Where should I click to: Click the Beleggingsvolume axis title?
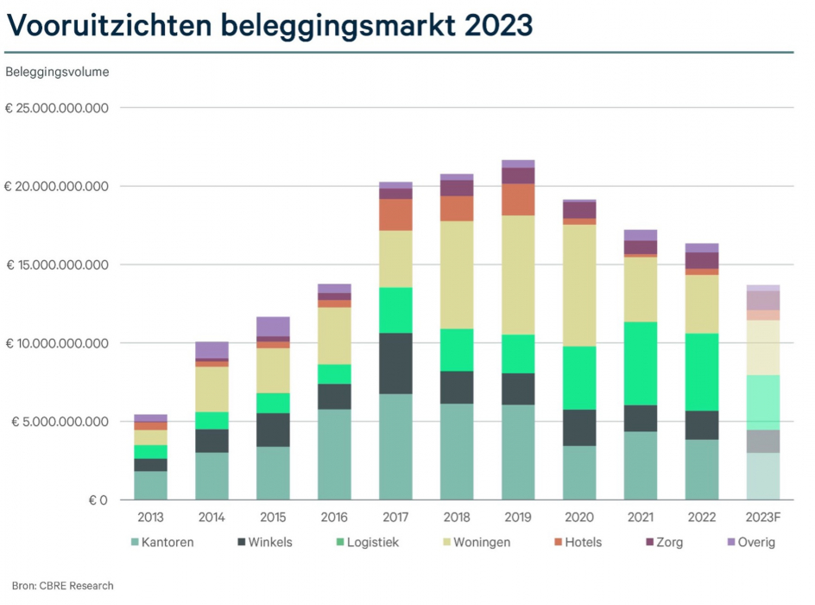click(57, 72)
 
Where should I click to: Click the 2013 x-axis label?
click(150, 518)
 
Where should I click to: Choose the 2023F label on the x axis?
click(763, 518)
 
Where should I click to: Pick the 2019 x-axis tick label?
click(518, 518)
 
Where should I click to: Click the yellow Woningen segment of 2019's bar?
click(518, 275)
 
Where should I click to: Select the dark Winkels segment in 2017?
click(395, 363)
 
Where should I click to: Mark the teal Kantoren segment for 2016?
click(334, 454)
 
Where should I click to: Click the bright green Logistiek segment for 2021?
click(641, 363)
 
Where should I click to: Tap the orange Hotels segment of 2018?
click(457, 208)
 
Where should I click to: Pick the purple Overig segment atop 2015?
click(273, 326)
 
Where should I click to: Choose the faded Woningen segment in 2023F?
click(763, 347)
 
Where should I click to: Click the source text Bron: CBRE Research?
click(62, 586)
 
